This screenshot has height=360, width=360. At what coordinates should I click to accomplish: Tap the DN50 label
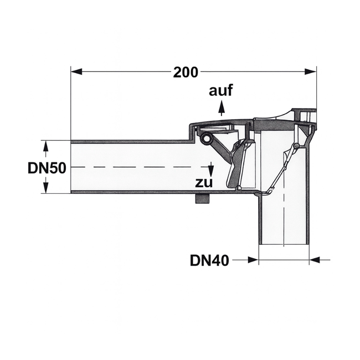click(x=47, y=168)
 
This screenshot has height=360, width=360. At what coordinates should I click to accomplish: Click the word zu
click(x=204, y=182)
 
